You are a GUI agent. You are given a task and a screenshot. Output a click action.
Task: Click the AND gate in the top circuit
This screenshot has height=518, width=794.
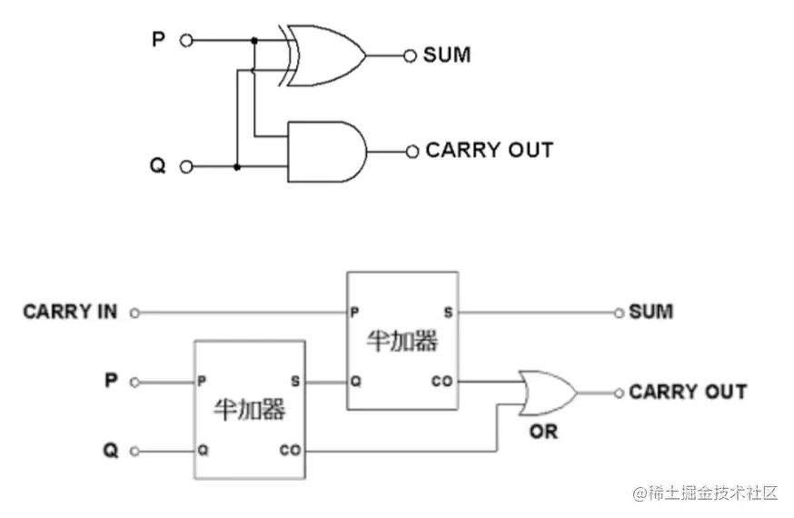point(325,151)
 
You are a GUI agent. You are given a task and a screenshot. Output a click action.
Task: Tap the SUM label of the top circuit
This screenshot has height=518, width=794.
point(447,55)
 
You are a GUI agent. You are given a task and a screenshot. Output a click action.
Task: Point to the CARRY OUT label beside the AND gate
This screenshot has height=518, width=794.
point(489,151)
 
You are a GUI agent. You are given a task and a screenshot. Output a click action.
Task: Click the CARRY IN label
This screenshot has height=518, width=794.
point(70,312)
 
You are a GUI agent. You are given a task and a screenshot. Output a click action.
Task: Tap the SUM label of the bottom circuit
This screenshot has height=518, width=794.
point(651,312)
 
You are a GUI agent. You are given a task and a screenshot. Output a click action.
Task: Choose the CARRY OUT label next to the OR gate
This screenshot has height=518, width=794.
point(688,392)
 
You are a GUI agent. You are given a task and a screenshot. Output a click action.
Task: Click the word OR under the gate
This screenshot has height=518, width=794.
point(543,431)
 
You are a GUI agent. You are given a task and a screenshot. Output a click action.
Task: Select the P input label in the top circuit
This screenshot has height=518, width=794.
point(158,40)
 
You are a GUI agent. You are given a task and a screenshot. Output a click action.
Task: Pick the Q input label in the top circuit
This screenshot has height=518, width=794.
point(158,167)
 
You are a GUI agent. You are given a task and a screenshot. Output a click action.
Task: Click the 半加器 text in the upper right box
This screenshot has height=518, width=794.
point(402,341)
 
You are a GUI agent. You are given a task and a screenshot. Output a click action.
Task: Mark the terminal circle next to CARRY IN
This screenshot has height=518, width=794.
point(134,313)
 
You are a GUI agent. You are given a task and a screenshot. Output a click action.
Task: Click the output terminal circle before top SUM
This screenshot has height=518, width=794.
point(412,55)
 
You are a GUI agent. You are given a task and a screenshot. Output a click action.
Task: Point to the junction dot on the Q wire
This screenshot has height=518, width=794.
point(237,167)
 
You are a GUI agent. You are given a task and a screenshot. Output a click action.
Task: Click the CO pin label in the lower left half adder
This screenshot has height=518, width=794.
point(290,450)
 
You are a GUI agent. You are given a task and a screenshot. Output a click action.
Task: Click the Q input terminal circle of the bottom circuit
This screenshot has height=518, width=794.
point(134,451)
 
